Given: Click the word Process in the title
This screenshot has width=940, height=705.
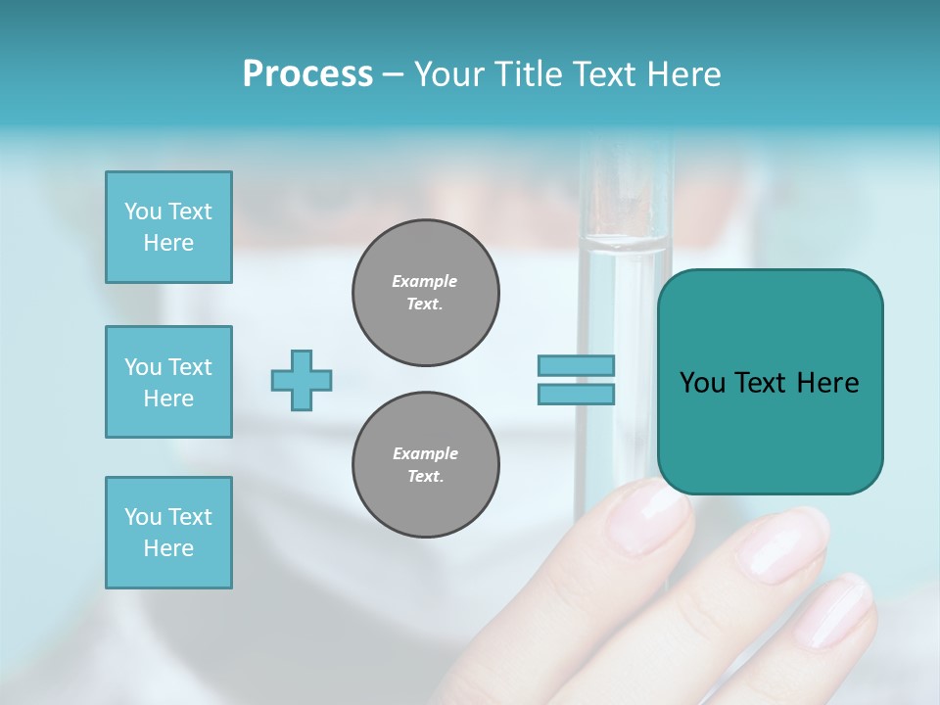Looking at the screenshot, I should [x=307, y=74].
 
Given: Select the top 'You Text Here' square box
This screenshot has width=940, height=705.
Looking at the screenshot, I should [x=168, y=227].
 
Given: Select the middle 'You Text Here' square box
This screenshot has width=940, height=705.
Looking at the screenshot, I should [x=168, y=382].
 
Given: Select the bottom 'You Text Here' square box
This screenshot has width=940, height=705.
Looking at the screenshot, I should [x=168, y=533].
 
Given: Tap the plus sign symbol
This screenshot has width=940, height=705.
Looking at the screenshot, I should [x=302, y=380].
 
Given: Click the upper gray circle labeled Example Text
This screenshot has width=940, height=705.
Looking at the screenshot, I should [x=425, y=293].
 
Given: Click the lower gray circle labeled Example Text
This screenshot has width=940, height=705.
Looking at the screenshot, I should [x=425, y=465].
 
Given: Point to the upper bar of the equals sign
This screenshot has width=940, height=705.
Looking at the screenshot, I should [x=576, y=365].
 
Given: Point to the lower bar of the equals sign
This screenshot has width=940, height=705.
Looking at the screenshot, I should [x=576, y=394].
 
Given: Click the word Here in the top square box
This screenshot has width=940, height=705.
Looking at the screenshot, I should [x=168, y=243].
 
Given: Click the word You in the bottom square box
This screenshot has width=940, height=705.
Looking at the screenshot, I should [x=143, y=517].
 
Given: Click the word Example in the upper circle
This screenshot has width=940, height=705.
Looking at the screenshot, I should [x=425, y=281].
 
